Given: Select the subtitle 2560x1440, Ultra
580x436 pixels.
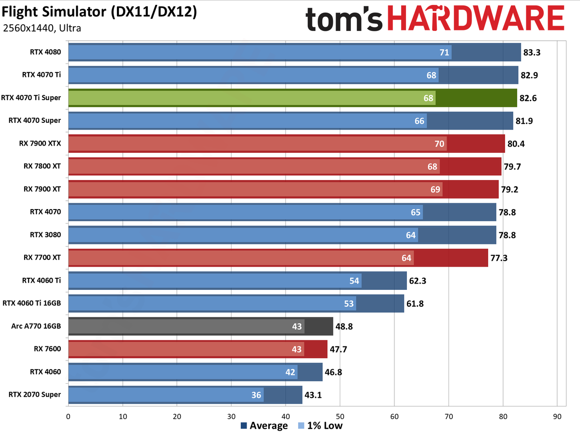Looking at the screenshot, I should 42,28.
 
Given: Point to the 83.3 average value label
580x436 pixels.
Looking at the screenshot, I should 533,52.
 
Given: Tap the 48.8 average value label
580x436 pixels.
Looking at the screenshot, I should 345,326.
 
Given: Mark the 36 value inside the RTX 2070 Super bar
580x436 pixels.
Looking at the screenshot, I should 256,395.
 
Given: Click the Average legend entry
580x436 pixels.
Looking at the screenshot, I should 264,426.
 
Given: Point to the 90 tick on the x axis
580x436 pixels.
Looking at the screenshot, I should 557,415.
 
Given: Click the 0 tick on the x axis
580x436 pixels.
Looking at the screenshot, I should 69,415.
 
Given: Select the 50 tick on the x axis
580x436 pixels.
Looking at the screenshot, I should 340,415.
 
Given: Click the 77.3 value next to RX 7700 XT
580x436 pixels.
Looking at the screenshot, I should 500,258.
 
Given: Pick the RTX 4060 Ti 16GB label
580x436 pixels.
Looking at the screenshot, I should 32,303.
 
